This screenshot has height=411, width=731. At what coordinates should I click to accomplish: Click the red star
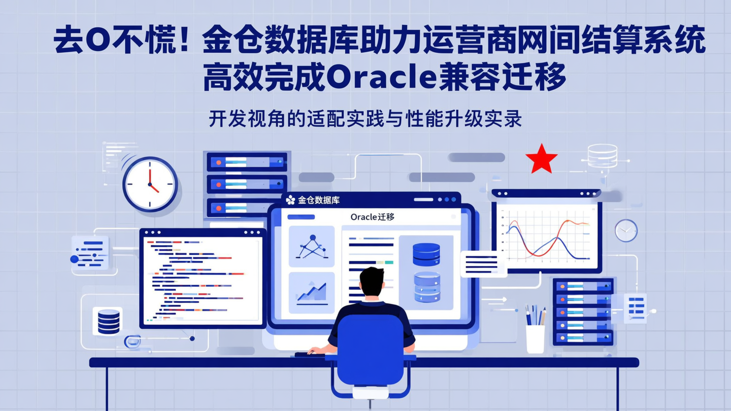541,159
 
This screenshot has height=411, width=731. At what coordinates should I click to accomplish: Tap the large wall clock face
150,184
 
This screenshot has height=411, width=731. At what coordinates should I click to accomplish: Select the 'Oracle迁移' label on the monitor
372,217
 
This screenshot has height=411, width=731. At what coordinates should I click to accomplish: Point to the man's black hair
372,280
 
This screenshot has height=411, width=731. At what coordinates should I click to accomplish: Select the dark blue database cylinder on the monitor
426,254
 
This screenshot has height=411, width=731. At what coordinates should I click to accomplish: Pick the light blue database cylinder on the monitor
426,287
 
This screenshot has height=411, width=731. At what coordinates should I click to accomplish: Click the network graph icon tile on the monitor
311,246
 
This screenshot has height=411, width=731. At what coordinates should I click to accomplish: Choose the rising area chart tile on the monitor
311,292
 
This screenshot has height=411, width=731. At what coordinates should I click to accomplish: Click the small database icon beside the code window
108,321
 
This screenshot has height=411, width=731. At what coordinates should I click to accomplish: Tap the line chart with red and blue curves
547,236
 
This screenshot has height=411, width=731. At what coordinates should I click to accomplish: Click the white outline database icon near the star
602,156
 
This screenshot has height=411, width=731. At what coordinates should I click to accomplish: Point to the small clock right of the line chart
626,230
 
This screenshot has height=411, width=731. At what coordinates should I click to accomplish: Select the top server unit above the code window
247,162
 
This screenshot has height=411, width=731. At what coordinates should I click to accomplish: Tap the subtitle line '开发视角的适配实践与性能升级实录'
365,119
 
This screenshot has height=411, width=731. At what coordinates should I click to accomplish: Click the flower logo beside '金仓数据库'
290,200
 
